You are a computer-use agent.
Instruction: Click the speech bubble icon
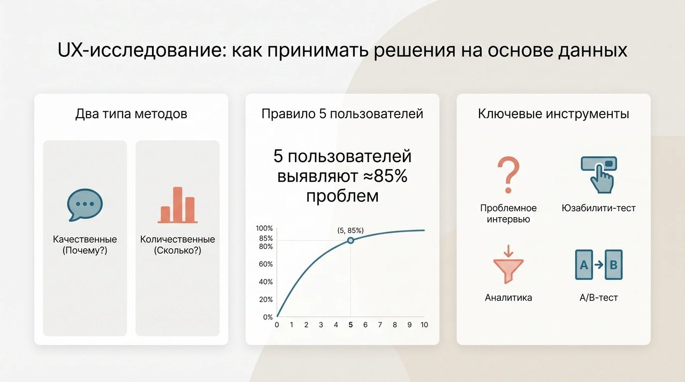pyautogui.click(x=85, y=204)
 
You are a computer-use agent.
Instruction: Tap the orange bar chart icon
pyautogui.click(x=178, y=205)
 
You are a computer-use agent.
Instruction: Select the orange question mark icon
pyautogui.click(x=508, y=175)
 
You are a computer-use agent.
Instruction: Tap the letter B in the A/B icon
pyautogui.click(x=613, y=265)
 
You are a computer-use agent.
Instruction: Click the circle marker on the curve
pyautogui.click(x=351, y=241)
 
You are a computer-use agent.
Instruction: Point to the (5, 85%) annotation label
pyautogui.click(x=351, y=231)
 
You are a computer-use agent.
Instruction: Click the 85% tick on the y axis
pyautogui.click(x=266, y=239)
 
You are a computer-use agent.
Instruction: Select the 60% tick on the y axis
pyautogui.click(x=266, y=264)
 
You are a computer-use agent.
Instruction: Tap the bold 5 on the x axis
pyautogui.click(x=351, y=325)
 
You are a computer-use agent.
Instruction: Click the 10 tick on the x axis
pyautogui.click(x=424, y=325)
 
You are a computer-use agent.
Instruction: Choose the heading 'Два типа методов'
pyautogui.click(x=131, y=114)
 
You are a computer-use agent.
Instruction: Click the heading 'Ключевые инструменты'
pyautogui.click(x=553, y=114)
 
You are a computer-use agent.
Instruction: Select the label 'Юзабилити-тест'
pyautogui.click(x=599, y=208)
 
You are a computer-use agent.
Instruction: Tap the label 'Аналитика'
pyautogui.click(x=508, y=297)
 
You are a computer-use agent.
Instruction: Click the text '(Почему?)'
pyautogui.click(x=85, y=250)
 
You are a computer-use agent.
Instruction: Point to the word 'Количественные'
pyautogui.click(x=177, y=239)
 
